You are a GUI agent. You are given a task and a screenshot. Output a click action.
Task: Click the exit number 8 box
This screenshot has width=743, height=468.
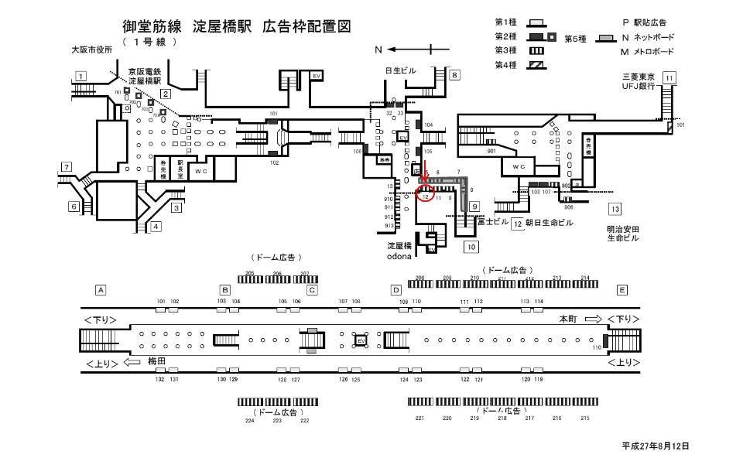click(x=455, y=75)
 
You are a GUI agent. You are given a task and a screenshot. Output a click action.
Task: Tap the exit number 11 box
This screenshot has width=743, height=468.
click(x=669, y=77)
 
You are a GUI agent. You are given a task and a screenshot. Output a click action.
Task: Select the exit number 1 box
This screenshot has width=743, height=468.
click(x=80, y=76)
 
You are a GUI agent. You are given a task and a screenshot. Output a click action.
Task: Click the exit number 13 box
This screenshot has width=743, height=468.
click(x=615, y=209)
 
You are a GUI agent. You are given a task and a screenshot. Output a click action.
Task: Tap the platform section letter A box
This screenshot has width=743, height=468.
click(x=100, y=290)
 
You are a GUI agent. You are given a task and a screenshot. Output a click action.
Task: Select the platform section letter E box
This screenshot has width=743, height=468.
click(x=621, y=290)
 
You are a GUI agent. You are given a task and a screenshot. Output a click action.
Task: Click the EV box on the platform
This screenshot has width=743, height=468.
click(x=360, y=340)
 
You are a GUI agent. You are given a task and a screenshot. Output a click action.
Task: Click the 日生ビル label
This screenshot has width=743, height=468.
click(x=400, y=71)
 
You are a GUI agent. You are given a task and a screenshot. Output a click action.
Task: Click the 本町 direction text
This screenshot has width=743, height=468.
click(x=569, y=319)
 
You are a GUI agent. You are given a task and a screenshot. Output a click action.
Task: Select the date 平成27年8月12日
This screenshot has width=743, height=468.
click(x=655, y=446)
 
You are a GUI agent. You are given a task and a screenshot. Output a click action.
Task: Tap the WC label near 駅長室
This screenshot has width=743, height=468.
click(x=200, y=170)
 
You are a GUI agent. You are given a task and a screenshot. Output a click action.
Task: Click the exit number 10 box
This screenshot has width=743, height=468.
click(x=470, y=248)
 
